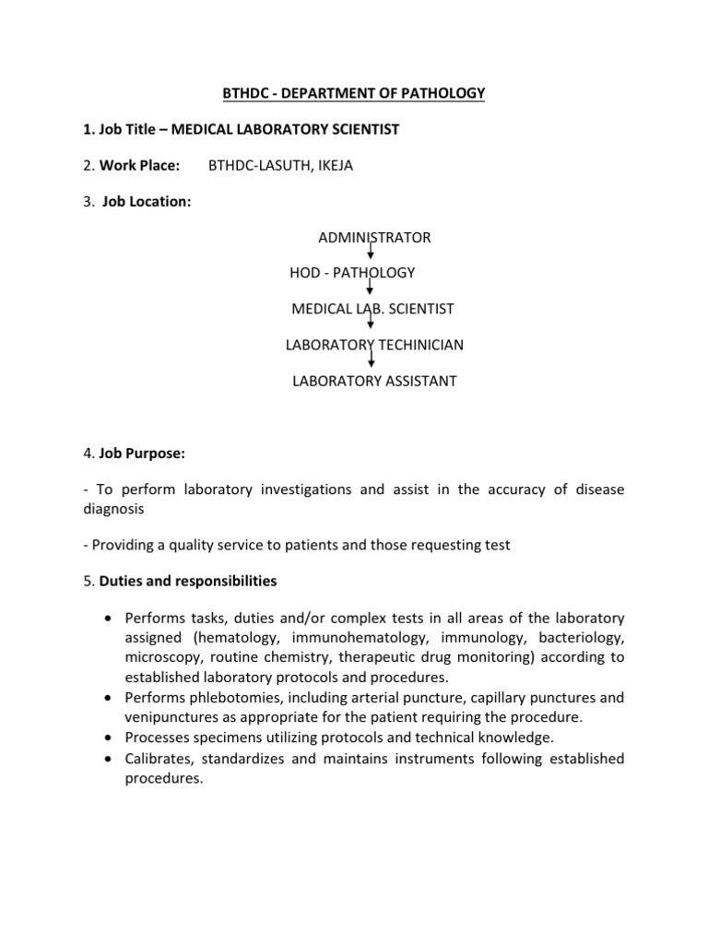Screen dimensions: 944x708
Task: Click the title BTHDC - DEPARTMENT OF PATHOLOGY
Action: point(353,93)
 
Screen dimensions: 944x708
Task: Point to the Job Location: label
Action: point(146,202)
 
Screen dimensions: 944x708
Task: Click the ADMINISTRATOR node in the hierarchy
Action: point(373,237)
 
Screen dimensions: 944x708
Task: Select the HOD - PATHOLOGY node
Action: point(353,273)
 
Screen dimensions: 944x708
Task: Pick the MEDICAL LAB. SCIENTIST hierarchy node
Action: point(372,309)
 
